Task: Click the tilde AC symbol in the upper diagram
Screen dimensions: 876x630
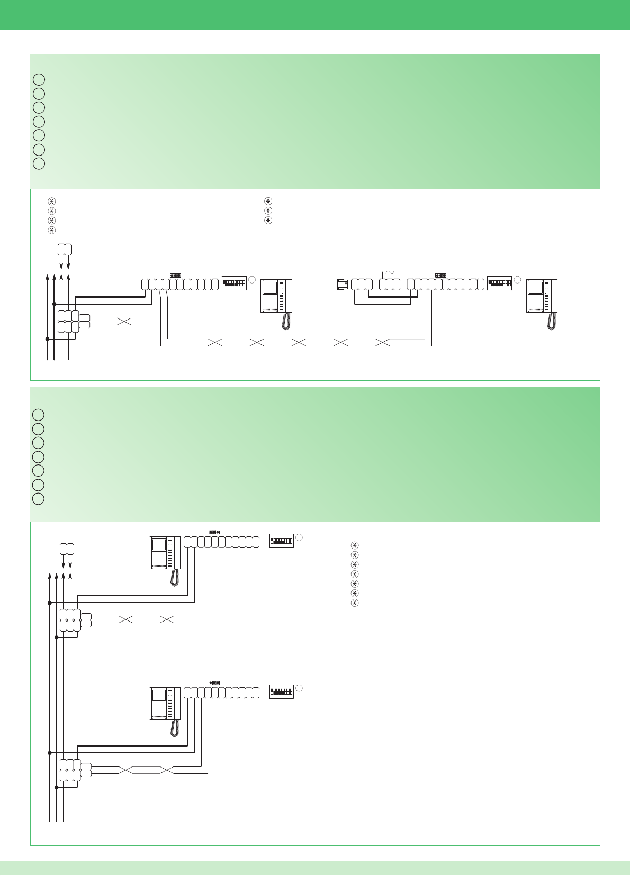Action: point(389,273)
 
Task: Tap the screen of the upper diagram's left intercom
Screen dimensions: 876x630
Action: point(270,288)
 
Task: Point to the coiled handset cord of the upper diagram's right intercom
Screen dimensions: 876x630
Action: point(552,322)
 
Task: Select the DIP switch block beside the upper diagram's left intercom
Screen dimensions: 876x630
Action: point(234,283)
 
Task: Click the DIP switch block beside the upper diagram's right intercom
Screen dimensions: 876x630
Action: point(499,283)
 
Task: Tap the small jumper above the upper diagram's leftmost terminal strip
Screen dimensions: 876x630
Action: point(175,276)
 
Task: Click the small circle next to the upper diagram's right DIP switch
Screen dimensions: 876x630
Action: point(518,279)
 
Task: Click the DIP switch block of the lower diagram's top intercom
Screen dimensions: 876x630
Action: point(281,541)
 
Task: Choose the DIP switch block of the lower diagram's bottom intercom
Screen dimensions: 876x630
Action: point(281,691)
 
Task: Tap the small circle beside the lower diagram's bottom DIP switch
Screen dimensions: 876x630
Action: point(299,688)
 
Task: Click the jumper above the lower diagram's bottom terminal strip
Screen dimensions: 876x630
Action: point(214,683)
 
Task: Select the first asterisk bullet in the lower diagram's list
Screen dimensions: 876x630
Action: point(355,545)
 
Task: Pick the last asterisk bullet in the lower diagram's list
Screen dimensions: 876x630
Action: point(355,603)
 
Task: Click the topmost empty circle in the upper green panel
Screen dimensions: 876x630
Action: point(39,80)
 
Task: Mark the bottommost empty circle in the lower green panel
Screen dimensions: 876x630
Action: point(38,499)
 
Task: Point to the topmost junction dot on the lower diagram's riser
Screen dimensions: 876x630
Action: point(49,603)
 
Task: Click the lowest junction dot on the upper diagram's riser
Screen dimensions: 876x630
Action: point(47,339)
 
